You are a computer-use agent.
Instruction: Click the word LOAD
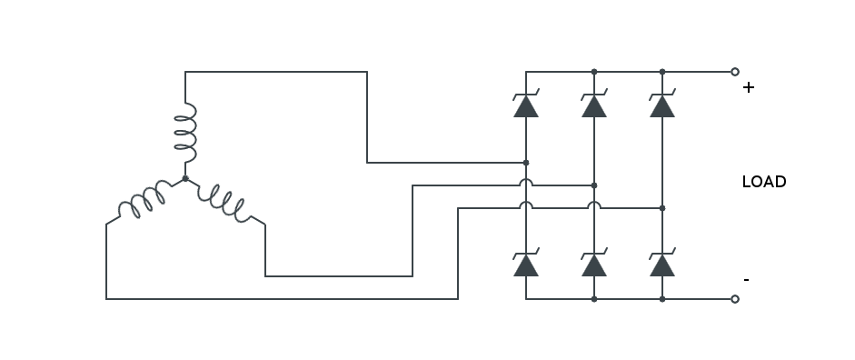(x=763, y=182)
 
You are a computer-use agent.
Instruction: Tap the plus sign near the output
(x=749, y=88)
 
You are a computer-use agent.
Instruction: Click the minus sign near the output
(x=747, y=280)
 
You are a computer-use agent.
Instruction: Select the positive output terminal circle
(x=735, y=72)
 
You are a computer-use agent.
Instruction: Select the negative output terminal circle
(x=735, y=299)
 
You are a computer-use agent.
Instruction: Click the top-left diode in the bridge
(x=526, y=105)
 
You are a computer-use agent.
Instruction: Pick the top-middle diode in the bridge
(x=594, y=105)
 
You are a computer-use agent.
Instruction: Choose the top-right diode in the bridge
(x=662, y=105)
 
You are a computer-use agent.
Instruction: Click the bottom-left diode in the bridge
(x=526, y=264)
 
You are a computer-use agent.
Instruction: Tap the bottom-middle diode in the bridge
(x=594, y=264)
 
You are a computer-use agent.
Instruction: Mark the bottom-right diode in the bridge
(x=662, y=264)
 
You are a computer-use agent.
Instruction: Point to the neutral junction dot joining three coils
(x=185, y=178)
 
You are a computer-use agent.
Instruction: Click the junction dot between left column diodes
(x=526, y=163)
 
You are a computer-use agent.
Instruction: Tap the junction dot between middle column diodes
(x=594, y=185)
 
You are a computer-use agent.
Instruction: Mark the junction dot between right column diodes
(x=662, y=208)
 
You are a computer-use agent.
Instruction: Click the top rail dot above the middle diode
(x=594, y=72)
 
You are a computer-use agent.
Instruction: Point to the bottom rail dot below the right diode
(x=662, y=299)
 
